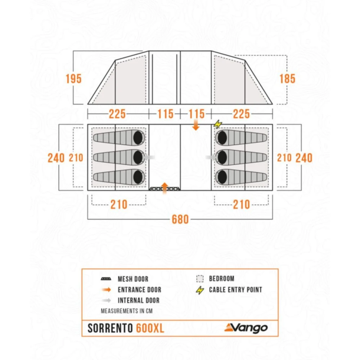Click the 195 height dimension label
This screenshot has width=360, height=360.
pos(74,78)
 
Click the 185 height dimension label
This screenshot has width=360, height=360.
pos(287,78)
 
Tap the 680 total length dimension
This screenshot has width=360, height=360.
pos(180,219)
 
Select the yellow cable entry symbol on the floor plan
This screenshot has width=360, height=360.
pos(217,124)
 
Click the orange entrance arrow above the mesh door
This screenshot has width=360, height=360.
pos(165,187)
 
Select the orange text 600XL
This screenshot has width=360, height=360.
pos(150,328)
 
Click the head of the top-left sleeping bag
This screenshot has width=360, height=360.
pos(138,137)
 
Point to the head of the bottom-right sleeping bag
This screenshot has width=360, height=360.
pos(222,177)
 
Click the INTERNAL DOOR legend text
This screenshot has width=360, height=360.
pos(139,301)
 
